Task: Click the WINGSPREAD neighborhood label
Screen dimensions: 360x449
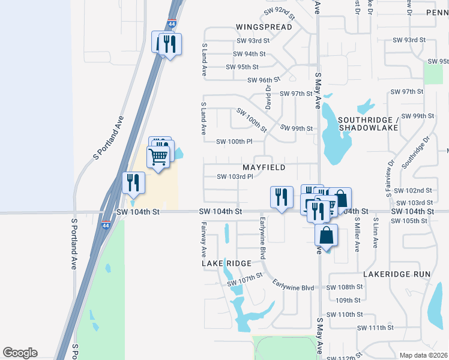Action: click(264, 27)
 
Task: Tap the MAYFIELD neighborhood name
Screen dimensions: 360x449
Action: click(264, 167)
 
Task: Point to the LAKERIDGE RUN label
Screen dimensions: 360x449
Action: click(397, 274)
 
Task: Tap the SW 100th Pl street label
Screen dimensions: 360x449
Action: click(238, 141)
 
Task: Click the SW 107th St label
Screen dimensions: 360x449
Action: click(245, 280)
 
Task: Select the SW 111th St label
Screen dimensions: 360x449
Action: click(375, 328)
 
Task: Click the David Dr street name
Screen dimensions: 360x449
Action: click(268, 93)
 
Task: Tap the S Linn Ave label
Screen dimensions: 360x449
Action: click(375, 233)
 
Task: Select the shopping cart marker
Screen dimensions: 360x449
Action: click(158, 157)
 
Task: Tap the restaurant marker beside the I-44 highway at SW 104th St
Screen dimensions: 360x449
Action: click(133, 182)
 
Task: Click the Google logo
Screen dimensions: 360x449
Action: click(20, 353)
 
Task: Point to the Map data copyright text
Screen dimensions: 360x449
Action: click(423, 355)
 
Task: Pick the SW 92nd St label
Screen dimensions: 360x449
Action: click(279, 13)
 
